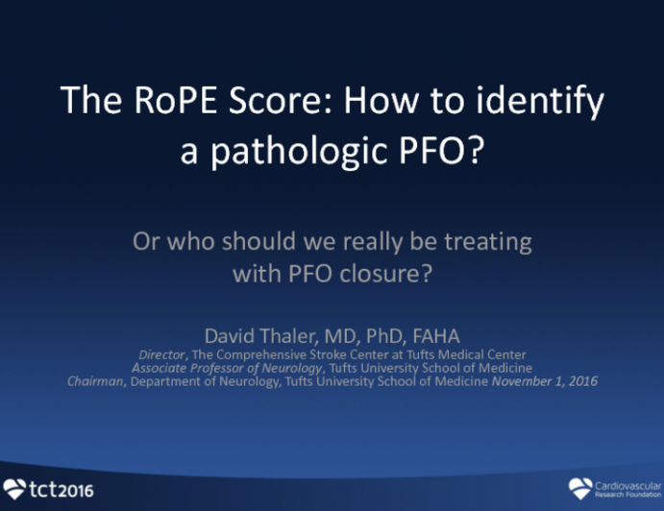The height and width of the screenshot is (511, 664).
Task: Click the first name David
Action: point(229,335)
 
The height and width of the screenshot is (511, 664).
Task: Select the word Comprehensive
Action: point(275,353)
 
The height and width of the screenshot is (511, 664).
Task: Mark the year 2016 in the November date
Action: point(580,380)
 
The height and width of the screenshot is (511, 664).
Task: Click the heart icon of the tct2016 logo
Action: point(14,489)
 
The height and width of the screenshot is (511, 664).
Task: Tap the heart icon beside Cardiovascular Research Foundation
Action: point(580,488)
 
